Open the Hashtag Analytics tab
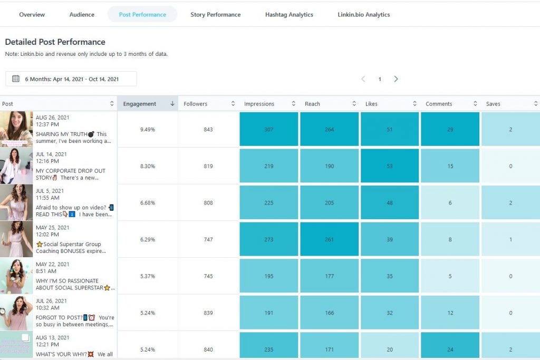[289, 15]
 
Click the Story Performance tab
[215, 15]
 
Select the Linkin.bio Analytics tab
[363, 15]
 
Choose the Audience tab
[82, 15]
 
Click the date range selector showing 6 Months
[71, 79]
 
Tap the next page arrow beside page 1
[396, 79]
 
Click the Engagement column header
[140, 104]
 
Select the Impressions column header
[259, 104]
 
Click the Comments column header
[437, 104]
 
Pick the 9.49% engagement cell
[148, 129]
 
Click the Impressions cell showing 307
[269, 129]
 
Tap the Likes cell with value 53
[390, 166]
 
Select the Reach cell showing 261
[329, 239]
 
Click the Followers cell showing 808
[208, 203]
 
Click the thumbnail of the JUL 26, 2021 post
[16, 313]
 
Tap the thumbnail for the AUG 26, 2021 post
[16, 129]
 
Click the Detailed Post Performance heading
[55, 42]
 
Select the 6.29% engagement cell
[148, 239]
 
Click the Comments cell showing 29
[450, 129]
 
